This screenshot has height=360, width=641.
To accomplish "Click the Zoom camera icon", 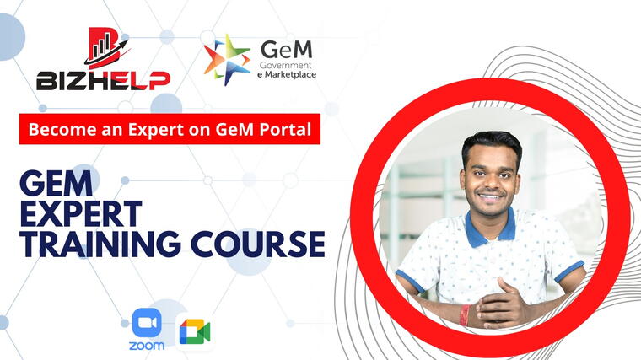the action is click(147, 323).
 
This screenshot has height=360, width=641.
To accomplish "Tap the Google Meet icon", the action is click(195, 332).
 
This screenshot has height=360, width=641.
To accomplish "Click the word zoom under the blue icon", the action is click(147, 346).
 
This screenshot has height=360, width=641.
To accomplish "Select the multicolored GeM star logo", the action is click(227, 60).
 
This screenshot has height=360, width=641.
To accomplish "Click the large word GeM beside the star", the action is click(287, 50).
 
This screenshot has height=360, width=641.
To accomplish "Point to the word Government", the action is click(285, 65).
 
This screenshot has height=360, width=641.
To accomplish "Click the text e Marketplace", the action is click(287, 75).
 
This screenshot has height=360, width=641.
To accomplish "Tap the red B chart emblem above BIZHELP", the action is click(107, 48).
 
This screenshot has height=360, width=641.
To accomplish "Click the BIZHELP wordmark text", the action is click(103, 80).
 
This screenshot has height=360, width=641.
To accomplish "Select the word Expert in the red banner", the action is click(156, 130).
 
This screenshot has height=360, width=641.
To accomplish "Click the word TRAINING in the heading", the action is click(100, 244).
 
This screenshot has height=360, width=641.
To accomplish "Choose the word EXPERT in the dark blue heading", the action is click(81, 213).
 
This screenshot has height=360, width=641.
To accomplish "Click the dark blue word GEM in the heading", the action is click(57, 184).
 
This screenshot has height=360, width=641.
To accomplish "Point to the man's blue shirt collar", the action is click(490, 229).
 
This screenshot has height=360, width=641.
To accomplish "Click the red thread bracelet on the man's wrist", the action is click(465, 315).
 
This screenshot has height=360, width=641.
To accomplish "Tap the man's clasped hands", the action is click(502, 305).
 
